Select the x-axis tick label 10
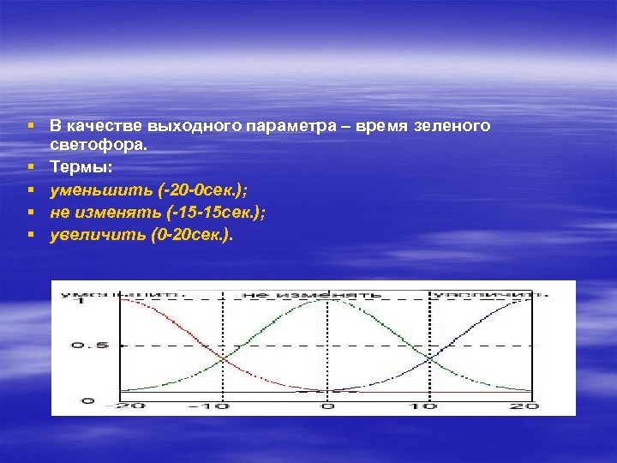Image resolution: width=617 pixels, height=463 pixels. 427,406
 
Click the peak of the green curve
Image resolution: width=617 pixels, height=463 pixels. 325,299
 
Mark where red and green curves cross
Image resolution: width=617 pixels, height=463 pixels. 224,358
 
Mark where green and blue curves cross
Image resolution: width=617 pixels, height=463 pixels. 427,358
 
